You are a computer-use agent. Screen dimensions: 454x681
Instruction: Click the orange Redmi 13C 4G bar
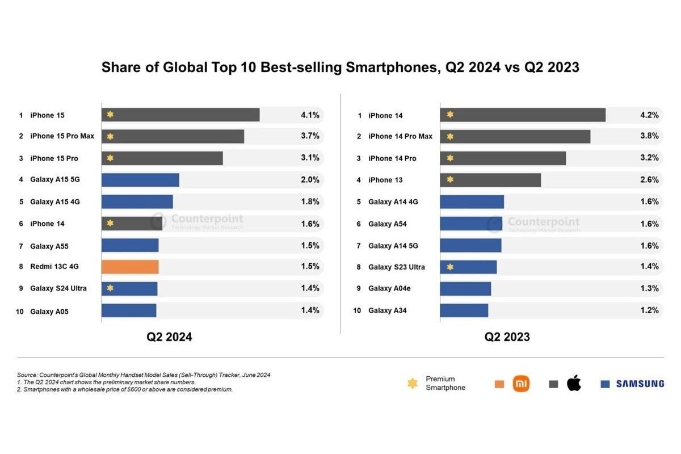(x=130, y=267)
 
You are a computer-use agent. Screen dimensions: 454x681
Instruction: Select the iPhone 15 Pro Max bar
(x=173, y=136)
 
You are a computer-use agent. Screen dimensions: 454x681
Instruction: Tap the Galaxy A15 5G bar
(x=140, y=180)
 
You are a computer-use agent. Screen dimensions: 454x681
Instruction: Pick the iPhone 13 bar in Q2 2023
(x=490, y=180)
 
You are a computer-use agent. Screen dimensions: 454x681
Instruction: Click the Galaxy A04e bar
(x=465, y=288)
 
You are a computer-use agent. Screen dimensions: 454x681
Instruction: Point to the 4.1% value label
(x=310, y=115)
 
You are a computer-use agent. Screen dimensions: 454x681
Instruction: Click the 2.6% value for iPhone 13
(x=649, y=180)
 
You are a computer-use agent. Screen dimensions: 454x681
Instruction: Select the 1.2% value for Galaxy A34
(x=649, y=310)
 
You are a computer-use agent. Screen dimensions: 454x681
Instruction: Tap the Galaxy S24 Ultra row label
(x=58, y=288)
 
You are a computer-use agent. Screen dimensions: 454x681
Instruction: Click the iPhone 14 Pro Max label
(x=400, y=136)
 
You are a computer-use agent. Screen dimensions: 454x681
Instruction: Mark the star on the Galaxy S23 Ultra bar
(x=450, y=267)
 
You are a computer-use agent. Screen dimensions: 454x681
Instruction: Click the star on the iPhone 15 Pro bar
(x=110, y=158)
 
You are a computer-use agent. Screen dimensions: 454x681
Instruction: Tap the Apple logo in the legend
(x=574, y=383)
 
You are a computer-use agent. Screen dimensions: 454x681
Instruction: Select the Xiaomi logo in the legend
(x=521, y=384)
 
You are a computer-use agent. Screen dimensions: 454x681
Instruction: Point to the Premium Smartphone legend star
(x=413, y=384)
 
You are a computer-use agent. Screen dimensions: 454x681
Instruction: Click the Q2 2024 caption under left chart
(x=169, y=337)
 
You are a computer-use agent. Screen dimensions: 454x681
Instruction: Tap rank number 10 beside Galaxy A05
(x=19, y=312)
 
